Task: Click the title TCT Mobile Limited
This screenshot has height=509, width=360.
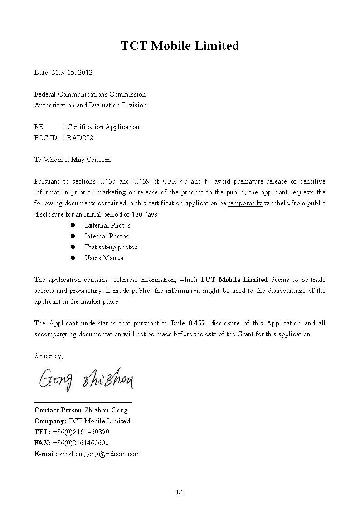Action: click(180, 46)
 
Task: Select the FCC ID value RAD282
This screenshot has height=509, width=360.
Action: click(80, 138)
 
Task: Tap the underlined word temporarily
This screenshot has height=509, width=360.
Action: click(245, 204)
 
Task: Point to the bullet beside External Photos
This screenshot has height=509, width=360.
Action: click(73, 225)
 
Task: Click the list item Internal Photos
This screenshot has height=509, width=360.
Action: click(107, 236)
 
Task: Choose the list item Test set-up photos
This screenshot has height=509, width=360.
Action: click(111, 247)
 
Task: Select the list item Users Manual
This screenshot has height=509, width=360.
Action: click(105, 258)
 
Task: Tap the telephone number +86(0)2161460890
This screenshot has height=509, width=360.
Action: click(81, 432)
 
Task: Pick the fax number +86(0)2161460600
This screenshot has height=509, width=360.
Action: click(81, 443)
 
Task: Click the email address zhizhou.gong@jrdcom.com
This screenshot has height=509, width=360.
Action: click(99, 454)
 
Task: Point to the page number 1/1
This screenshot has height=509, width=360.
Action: click(180, 492)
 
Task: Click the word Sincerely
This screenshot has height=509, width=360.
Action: click(49, 356)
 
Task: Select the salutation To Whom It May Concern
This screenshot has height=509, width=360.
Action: click(73, 160)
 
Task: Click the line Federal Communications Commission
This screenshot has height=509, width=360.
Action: click(90, 94)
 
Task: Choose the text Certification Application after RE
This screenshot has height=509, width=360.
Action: click(103, 127)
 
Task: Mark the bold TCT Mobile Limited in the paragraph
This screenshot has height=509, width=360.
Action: click(234, 280)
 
